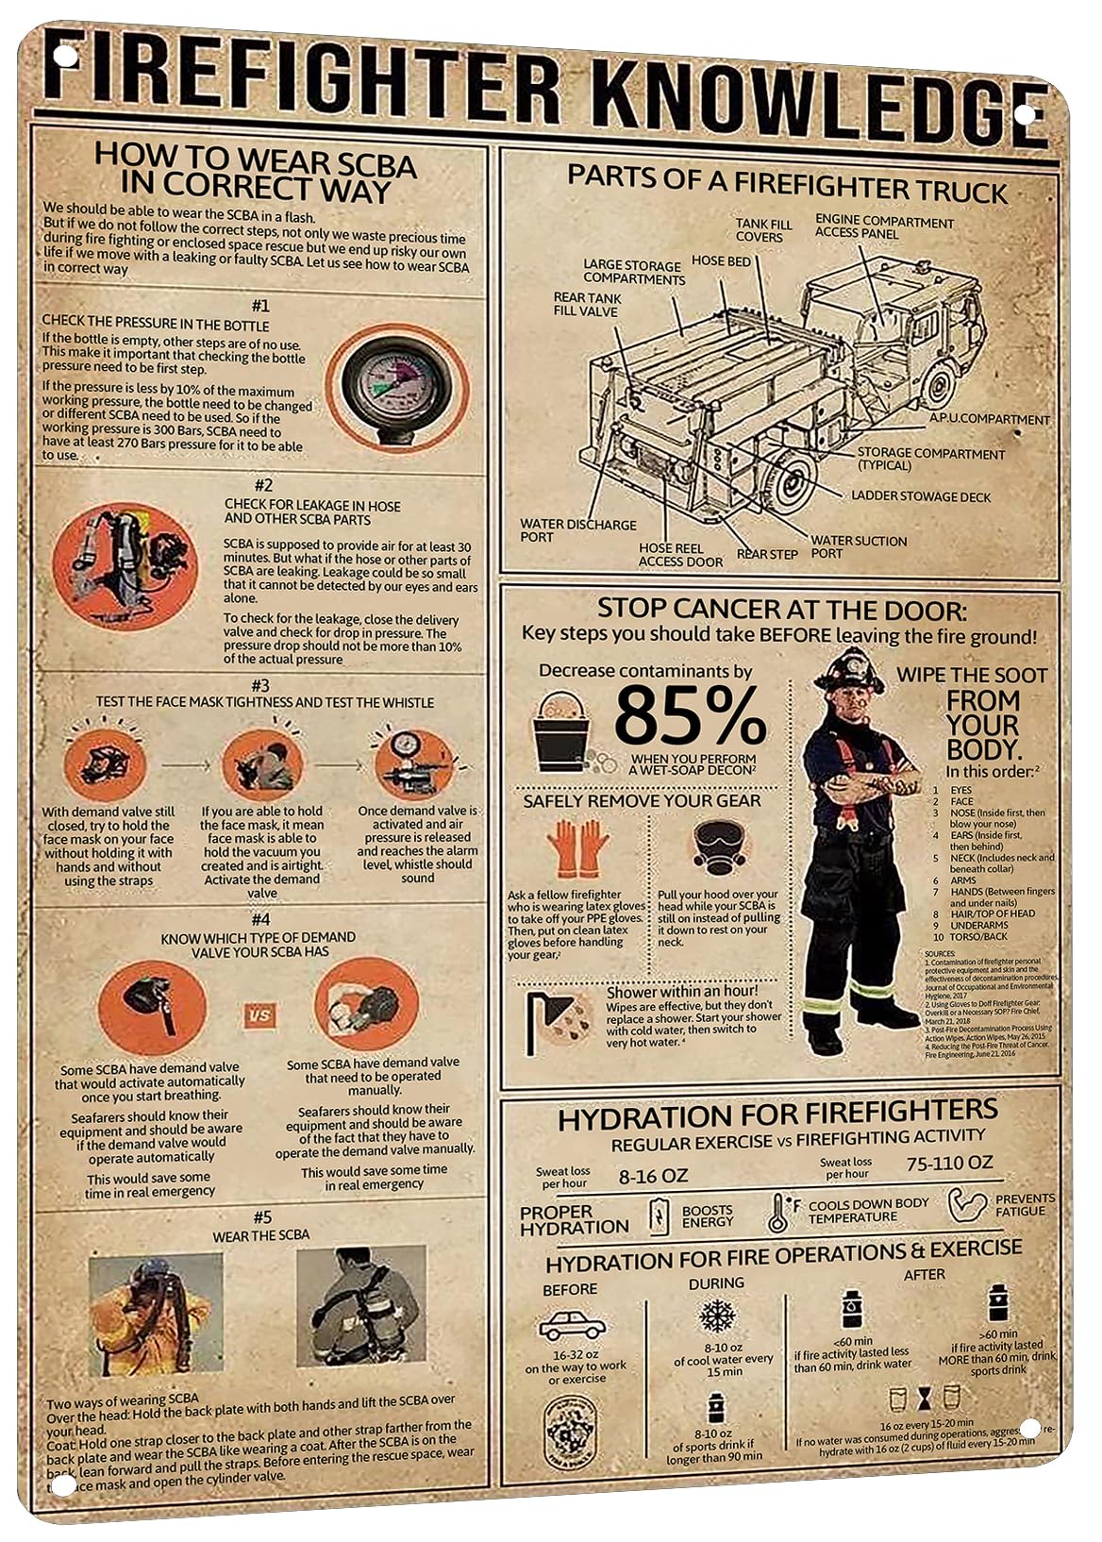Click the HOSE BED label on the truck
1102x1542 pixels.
(x=721, y=260)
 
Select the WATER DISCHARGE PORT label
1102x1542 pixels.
(x=577, y=530)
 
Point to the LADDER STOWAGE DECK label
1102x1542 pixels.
(x=921, y=496)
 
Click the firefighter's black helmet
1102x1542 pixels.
(x=848, y=672)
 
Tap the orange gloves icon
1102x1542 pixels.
(x=576, y=848)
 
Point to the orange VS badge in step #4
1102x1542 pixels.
(x=260, y=1015)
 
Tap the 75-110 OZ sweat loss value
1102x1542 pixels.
(x=949, y=1163)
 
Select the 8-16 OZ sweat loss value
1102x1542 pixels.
(x=653, y=1176)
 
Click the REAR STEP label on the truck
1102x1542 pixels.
(x=766, y=554)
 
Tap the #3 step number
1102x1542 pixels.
(x=260, y=685)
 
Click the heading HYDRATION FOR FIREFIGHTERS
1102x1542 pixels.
(x=776, y=1117)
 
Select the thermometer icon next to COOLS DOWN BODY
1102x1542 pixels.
(x=778, y=1214)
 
